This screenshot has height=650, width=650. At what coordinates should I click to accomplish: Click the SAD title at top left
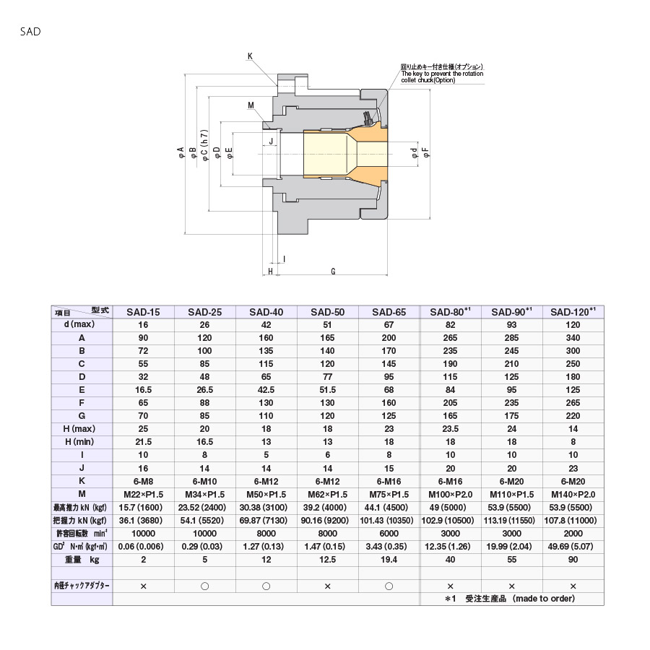[x=30, y=32]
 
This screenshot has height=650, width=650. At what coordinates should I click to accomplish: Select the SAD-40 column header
[x=266, y=312]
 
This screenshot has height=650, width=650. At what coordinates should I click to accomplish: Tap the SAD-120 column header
[x=573, y=312]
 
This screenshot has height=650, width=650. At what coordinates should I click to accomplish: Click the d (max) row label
[x=79, y=324]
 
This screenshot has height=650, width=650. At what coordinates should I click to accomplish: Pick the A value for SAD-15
[x=143, y=338]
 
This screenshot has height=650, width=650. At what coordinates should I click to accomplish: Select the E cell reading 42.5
[x=266, y=390]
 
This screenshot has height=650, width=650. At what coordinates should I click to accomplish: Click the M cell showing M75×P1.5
[x=389, y=494]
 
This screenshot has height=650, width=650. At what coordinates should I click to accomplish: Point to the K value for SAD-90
[x=511, y=481]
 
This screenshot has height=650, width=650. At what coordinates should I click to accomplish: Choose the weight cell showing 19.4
[x=389, y=560]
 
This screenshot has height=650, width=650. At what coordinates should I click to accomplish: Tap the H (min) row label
[x=79, y=442]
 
